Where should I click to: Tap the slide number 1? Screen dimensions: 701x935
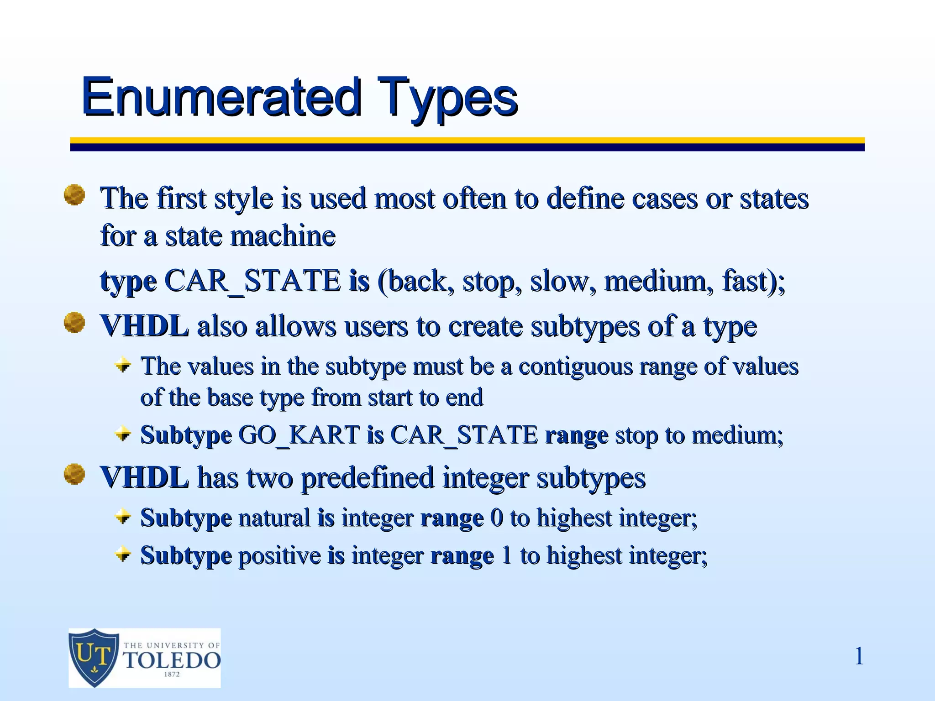[859, 656]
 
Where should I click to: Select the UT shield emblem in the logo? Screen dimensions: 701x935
[94, 657]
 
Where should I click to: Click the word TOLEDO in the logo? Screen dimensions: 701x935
[172, 660]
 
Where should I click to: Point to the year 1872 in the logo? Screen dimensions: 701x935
[172, 675]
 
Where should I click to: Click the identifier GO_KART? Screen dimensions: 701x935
[299, 434]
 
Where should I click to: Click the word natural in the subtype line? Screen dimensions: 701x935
[274, 518]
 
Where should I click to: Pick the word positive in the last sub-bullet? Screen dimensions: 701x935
[279, 556]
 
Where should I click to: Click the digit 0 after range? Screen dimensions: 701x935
[497, 518]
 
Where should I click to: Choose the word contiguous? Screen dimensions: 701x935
[575, 366]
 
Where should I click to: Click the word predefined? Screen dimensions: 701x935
[368, 478]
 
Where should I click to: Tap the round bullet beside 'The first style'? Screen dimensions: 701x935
[74, 195]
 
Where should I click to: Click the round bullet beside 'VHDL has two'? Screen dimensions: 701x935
[74, 474]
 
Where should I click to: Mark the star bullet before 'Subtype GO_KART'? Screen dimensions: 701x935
[123, 434]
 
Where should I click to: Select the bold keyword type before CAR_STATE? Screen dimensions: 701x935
[128, 282]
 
